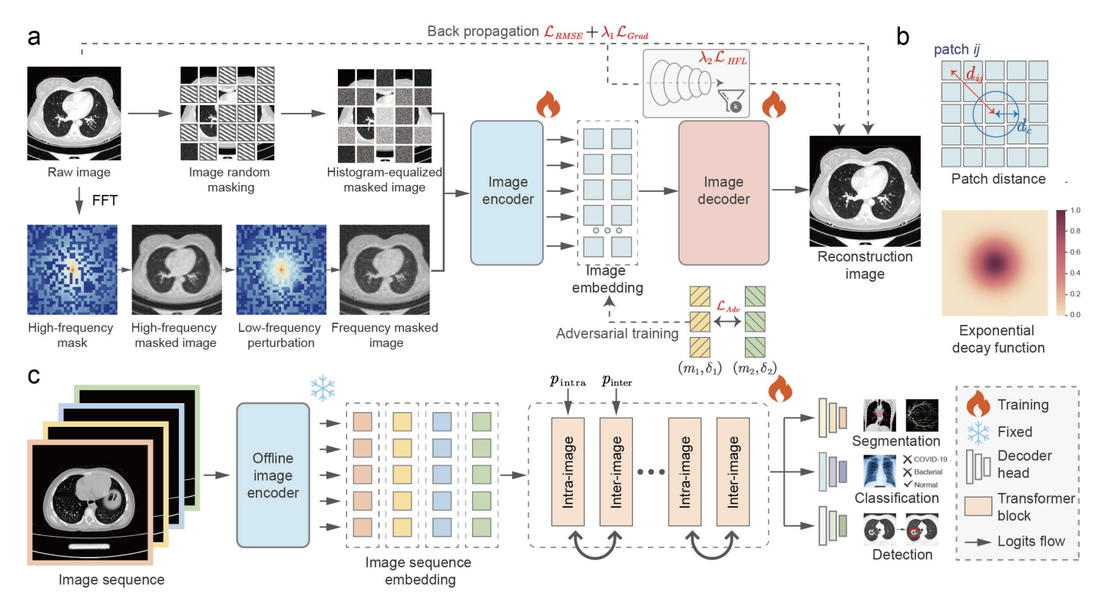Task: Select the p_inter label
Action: tap(616, 382)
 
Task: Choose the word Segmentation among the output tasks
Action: tap(895, 442)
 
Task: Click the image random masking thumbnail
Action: tap(227, 113)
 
